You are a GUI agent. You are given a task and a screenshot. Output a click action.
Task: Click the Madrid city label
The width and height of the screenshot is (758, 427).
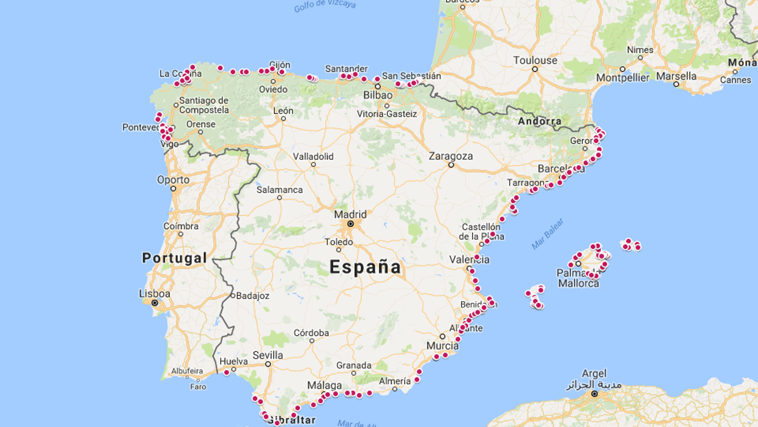tap(350, 214)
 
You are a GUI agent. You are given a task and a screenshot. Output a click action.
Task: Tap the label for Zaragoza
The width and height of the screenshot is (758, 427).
tap(451, 156)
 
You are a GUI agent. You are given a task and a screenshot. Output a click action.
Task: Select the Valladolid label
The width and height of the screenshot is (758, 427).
tap(313, 156)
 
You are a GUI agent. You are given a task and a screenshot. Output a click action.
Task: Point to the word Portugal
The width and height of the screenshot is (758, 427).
tap(174, 258)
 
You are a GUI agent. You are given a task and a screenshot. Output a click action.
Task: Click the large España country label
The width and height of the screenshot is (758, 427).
tap(365, 267)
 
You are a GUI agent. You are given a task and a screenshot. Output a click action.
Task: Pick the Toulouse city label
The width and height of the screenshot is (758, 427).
tap(535, 60)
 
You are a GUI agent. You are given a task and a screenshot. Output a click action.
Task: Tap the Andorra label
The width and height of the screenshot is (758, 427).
tap(539, 121)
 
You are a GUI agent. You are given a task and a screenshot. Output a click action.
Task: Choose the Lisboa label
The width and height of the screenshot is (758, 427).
tap(155, 294)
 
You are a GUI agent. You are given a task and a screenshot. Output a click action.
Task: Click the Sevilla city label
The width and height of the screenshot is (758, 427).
tap(268, 355)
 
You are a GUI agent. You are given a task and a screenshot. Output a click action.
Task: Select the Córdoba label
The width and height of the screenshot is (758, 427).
tap(311, 333)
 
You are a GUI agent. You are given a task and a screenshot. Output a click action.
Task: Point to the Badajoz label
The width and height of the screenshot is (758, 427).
tap(252, 295)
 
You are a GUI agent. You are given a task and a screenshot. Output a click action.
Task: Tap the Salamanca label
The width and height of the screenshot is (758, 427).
tap(279, 190)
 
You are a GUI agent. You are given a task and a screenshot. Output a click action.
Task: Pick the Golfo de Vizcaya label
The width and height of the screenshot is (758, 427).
tap(325, 6)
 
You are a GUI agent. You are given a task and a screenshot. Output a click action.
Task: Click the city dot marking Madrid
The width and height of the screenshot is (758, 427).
tap(350, 224)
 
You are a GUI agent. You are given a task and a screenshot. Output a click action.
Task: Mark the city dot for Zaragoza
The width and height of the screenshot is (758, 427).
tap(451, 165)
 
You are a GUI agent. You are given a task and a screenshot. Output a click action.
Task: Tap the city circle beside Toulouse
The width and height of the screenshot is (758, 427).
tap(535, 69)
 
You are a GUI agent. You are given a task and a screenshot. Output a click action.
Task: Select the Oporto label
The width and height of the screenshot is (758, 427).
tap(173, 179)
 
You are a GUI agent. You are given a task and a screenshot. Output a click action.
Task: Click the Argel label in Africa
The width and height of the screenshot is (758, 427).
tap(594, 373)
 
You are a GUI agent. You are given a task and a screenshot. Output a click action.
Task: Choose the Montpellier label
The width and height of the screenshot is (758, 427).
tap(622, 78)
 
